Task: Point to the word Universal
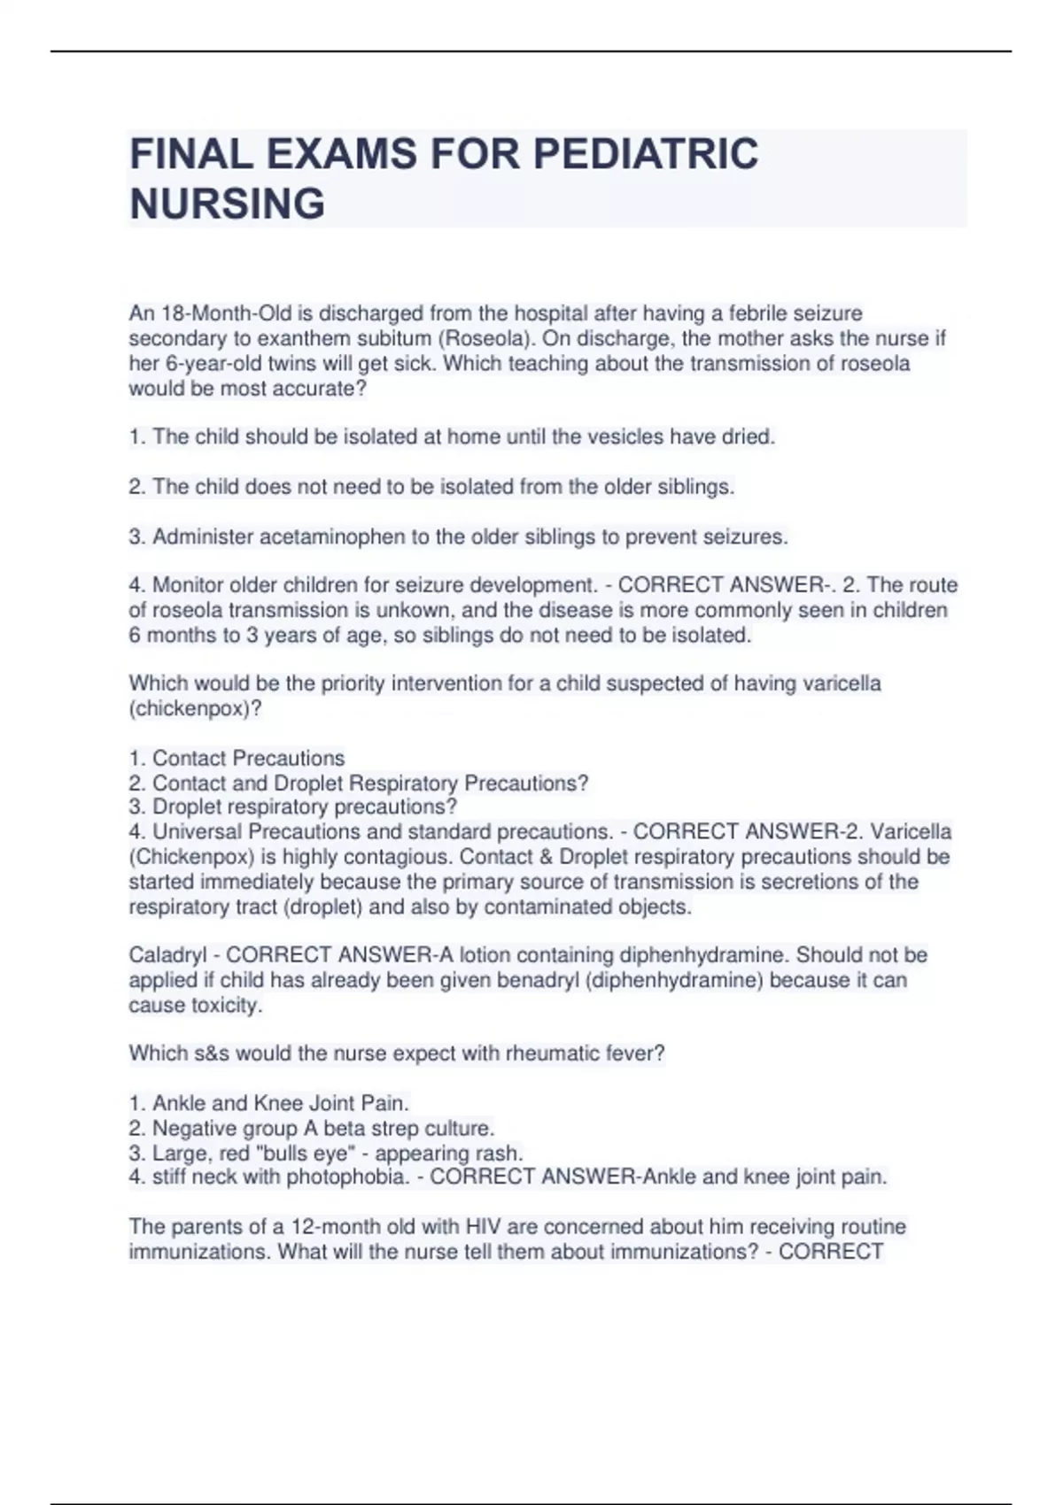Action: pos(197,831)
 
